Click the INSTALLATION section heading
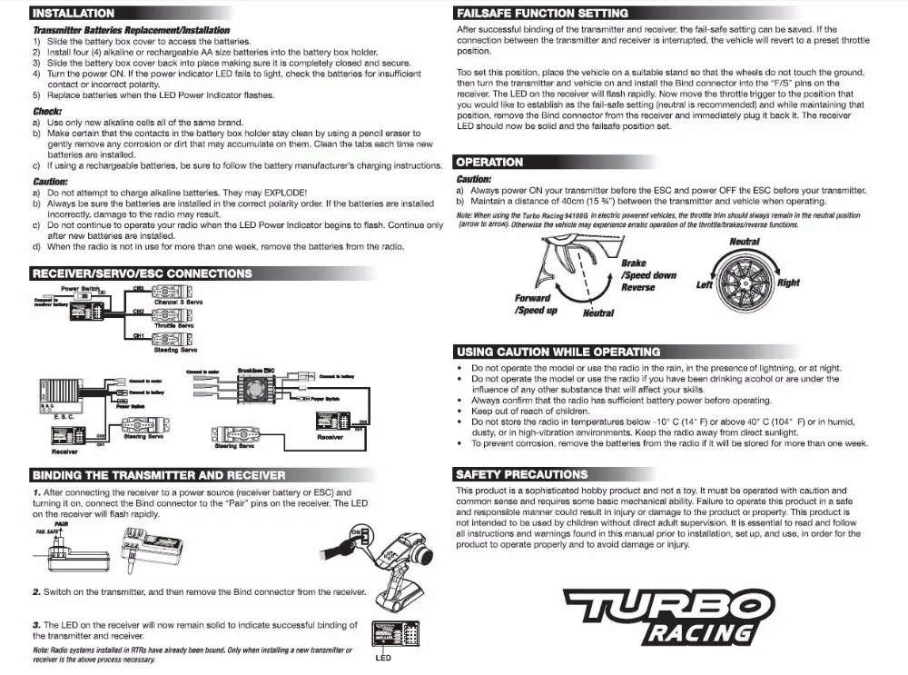(74, 14)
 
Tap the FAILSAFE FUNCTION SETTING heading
(543, 14)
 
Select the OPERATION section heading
(490, 162)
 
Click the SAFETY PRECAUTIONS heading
(522, 474)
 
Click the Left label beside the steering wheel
(705, 285)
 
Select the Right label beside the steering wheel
(788, 283)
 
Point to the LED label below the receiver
(383, 658)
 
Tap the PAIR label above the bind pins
(61, 524)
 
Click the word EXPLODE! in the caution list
(285, 193)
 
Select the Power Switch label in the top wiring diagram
(79, 289)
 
